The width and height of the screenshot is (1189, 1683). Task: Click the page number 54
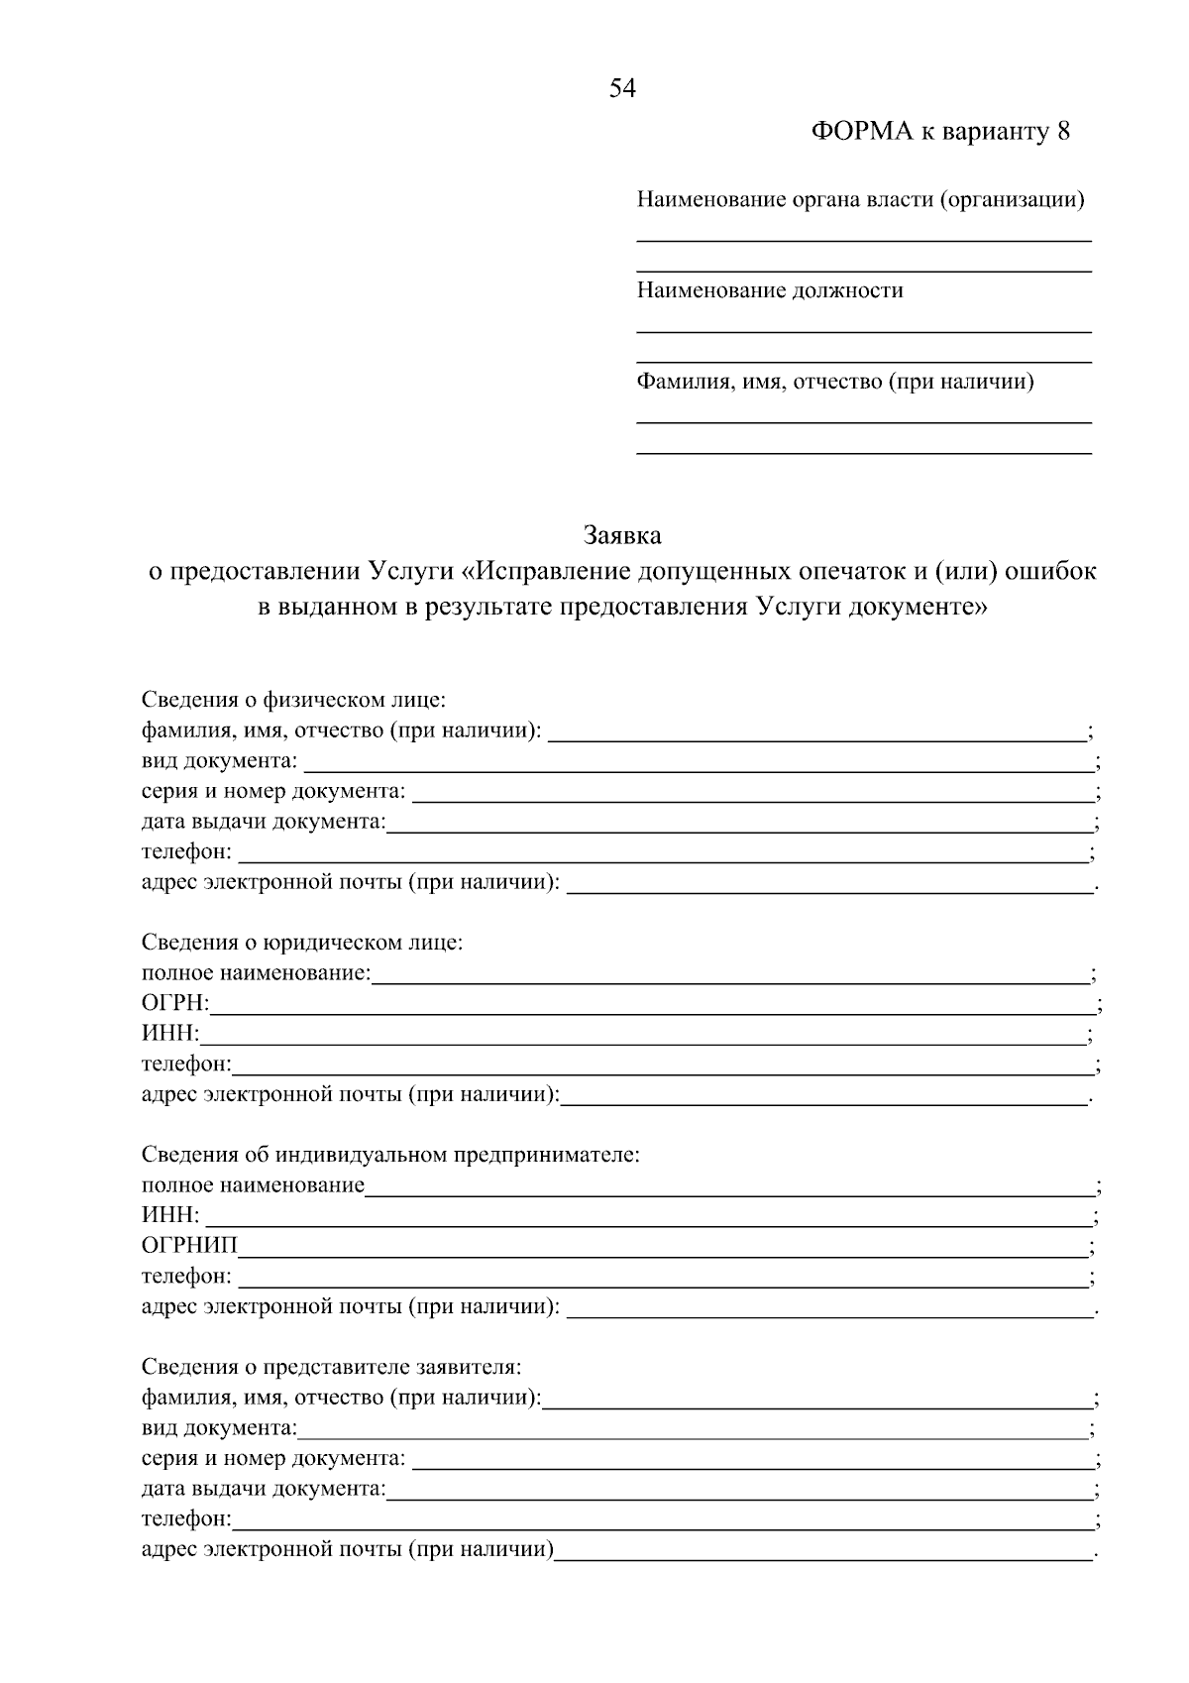tap(622, 89)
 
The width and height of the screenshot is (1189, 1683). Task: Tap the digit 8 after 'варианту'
tap(1064, 132)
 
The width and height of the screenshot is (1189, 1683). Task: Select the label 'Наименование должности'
tap(770, 290)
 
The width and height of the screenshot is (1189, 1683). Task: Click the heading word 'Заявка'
tap(622, 536)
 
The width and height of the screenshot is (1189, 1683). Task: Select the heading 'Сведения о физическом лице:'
tap(293, 700)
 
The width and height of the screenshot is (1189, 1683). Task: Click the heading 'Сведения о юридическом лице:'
tap(302, 942)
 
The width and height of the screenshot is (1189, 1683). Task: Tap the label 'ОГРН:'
tap(175, 1004)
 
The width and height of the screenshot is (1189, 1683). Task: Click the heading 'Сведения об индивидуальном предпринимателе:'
tap(390, 1155)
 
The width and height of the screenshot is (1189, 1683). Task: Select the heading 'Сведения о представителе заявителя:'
tap(331, 1367)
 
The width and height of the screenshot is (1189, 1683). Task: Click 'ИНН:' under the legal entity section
tap(170, 1035)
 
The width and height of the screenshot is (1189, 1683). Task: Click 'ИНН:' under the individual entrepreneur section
tap(170, 1215)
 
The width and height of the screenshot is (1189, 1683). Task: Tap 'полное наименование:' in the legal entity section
tap(256, 973)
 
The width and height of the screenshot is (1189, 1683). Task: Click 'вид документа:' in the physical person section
tap(219, 761)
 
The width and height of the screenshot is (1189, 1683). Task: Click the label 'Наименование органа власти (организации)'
tap(860, 200)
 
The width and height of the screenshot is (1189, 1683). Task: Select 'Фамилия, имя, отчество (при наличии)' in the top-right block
tap(835, 382)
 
